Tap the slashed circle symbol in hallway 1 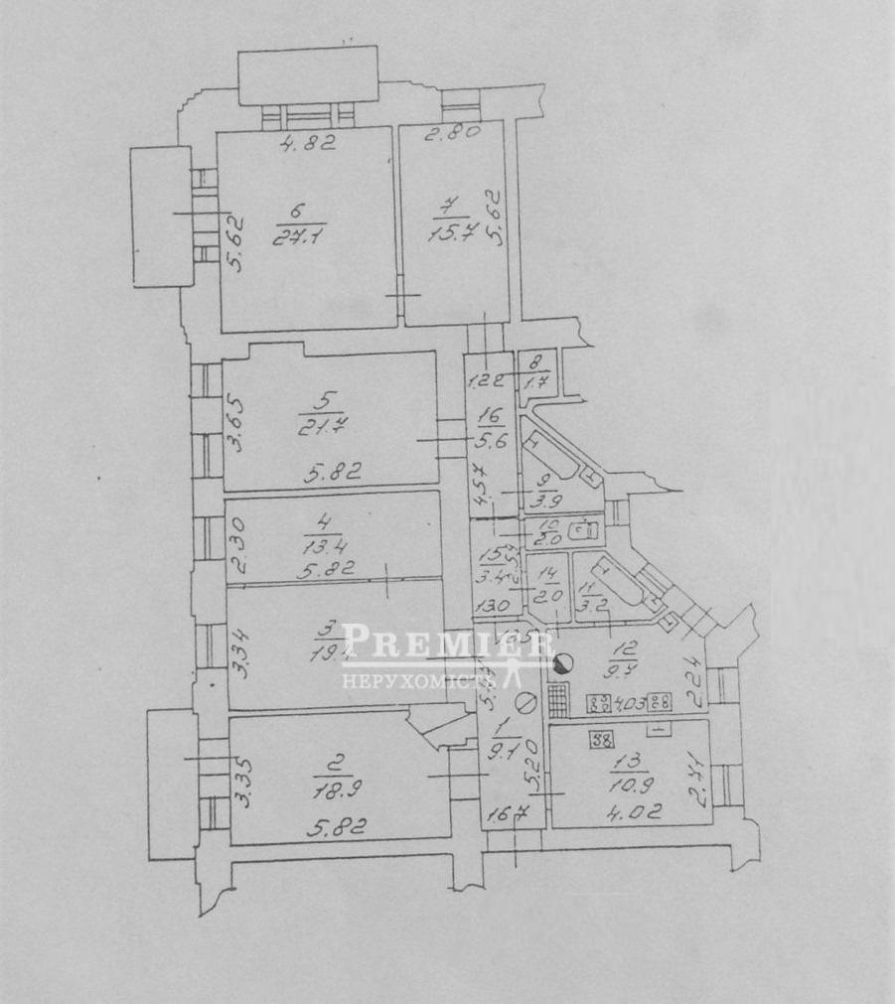(527, 703)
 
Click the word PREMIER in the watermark (448, 645)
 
